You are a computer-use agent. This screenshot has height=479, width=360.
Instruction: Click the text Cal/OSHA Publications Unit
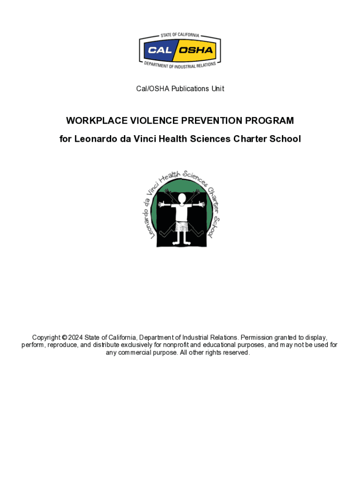tap(180, 88)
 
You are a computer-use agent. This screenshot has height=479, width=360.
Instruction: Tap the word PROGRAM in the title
tap(273, 121)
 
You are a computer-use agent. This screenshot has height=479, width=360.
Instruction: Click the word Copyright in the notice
tap(46, 338)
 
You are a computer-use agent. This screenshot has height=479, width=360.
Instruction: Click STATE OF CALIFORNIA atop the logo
tap(180, 35)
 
